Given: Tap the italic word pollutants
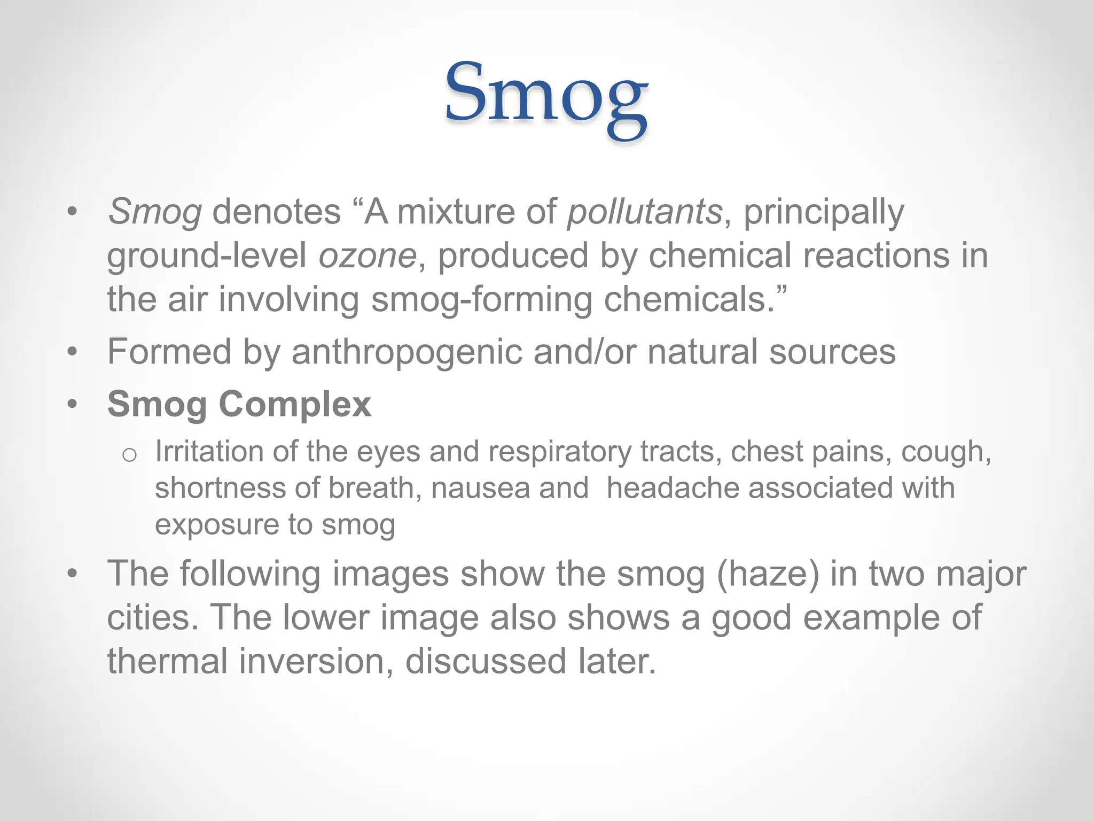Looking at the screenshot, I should (x=644, y=212).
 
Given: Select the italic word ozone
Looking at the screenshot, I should (x=367, y=255).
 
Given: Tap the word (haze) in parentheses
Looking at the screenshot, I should (x=768, y=574).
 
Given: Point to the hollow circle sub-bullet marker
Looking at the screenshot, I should (x=129, y=455).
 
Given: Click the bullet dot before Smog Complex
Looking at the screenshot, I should (x=73, y=405).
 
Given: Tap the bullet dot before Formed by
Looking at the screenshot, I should (x=73, y=353).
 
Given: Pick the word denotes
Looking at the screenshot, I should (x=276, y=212).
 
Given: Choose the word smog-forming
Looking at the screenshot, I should (x=481, y=299).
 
